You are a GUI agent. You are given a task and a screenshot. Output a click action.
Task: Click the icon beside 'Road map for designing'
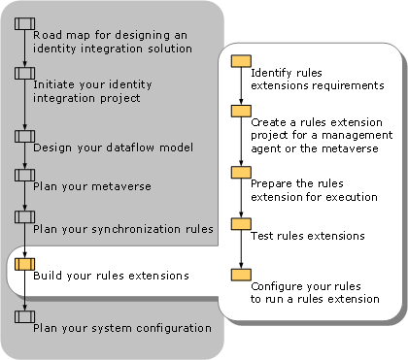point(25,22)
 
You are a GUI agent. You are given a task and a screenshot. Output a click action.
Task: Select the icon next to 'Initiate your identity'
point(25,73)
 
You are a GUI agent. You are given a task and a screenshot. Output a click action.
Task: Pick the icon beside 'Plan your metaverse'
point(25,175)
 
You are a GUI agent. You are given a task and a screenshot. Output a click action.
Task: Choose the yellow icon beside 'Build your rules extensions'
point(25,263)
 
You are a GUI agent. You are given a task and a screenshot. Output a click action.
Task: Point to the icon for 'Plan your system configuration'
point(25,315)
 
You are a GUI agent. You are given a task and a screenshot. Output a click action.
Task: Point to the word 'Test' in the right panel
point(262,236)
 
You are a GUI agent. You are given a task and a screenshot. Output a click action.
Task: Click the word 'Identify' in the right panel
point(273,73)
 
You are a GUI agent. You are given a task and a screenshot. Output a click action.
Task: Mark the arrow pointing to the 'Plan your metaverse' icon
point(25,164)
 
